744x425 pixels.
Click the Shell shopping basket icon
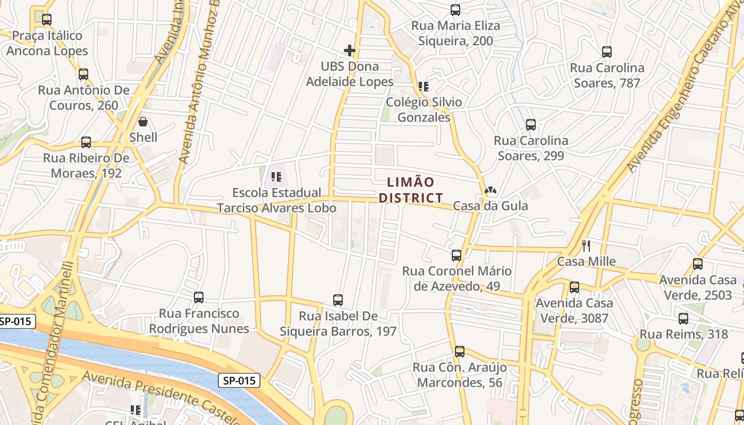pos(142,122)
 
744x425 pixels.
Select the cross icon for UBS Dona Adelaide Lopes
pos(350,50)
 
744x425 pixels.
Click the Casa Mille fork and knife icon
pos(586,245)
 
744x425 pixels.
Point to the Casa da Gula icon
pos(490,190)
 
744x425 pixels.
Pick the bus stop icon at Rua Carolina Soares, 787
pos(607,52)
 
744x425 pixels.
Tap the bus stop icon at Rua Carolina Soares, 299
pos(530,125)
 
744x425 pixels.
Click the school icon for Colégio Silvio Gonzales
pos(424,86)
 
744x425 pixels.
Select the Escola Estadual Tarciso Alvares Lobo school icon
pos(276,176)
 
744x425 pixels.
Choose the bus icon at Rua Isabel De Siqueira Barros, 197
pos(338,300)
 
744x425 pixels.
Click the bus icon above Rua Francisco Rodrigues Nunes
pos(199,297)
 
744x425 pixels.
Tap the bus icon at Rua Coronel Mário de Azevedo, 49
pos(456,256)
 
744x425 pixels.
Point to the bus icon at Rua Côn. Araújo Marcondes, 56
pos(460,352)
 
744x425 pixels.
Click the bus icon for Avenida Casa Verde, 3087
pos(574,287)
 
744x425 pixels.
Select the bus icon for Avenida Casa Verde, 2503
pos(698,264)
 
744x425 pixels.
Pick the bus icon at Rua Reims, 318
pos(683,319)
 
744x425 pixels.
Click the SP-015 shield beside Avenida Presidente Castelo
pos(239,380)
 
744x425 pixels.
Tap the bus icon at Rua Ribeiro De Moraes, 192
pos(86,142)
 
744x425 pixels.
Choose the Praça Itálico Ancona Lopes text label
pos(47,43)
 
